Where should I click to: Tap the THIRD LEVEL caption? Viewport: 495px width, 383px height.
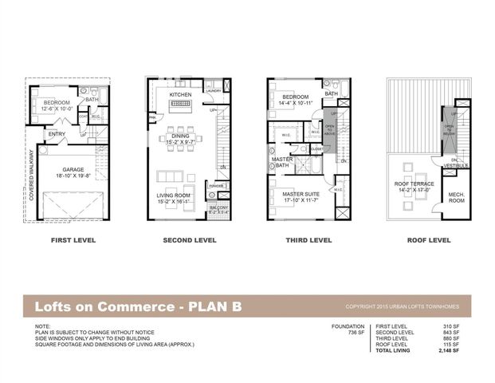click(308, 239)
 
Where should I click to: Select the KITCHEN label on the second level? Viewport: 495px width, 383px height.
click(181, 96)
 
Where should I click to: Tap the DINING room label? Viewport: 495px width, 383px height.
click(180, 136)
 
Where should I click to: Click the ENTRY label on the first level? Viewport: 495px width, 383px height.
click(57, 134)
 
